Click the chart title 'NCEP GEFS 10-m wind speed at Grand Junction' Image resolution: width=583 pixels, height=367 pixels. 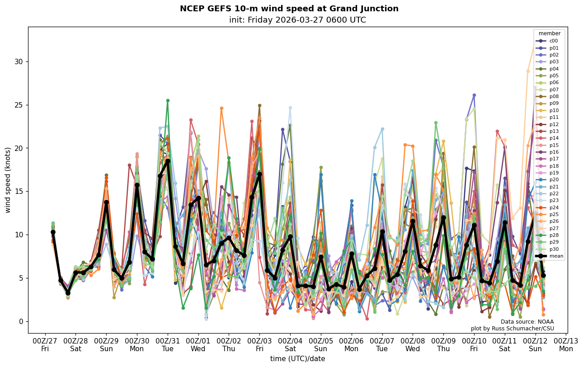click(289, 9)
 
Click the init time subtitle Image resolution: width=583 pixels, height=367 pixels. click(297, 20)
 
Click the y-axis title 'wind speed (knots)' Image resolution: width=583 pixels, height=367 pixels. click(8, 180)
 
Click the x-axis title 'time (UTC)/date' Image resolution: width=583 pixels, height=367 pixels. click(297, 359)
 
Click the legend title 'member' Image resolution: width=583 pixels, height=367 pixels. click(549, 33)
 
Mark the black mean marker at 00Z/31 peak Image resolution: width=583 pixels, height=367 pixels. click(168, 161)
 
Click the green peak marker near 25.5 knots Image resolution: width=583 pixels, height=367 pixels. click(168, 101)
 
